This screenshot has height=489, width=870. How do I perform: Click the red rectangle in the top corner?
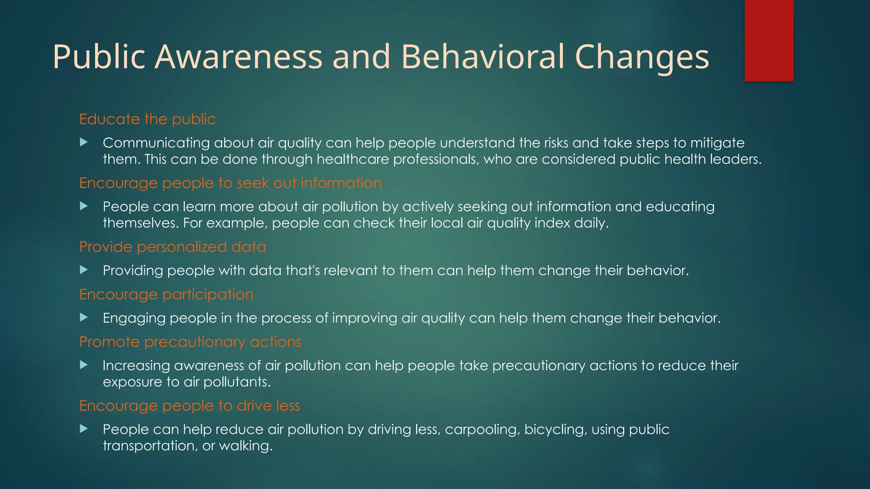(769, 40)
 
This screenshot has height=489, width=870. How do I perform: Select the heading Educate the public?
(147, 119)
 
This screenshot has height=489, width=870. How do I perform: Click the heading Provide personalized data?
(172, 247)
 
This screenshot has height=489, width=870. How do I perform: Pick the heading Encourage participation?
(166, 295)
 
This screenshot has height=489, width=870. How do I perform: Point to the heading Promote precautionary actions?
(190, 342)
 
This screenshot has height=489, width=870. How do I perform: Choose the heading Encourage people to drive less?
(189, 406)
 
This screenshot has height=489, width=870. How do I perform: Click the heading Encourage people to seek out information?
(230, 183)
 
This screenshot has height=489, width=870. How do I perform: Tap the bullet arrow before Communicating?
(84, 142)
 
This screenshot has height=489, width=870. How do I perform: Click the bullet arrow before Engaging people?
(84, 317)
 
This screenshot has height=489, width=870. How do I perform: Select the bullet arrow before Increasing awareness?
(84, 365)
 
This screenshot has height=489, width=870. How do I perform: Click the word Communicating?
(156, 143)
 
